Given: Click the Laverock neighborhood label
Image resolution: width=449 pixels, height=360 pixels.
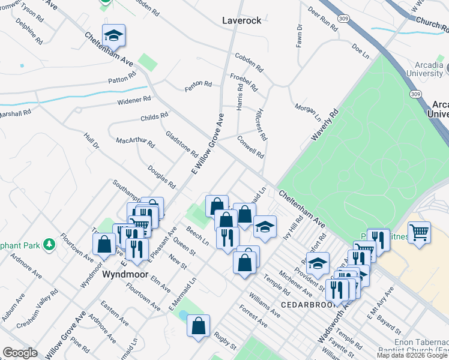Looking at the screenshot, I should click(242, 20).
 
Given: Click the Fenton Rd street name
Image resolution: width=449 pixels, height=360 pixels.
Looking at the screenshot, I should click(198, 86).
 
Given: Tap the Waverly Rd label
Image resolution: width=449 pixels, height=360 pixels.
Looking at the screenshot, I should click(325, 125).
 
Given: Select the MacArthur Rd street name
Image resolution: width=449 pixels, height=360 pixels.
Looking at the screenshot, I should click(135, 143).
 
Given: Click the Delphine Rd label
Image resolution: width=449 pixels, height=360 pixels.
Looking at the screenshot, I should click(34, 34).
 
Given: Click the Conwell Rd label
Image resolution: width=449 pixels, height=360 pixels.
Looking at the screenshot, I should click(250, 146).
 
